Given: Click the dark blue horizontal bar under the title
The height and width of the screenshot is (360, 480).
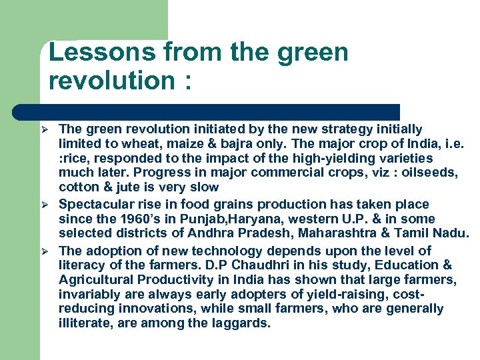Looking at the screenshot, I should [207, 111].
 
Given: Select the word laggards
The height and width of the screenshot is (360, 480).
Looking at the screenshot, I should [238, 323].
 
